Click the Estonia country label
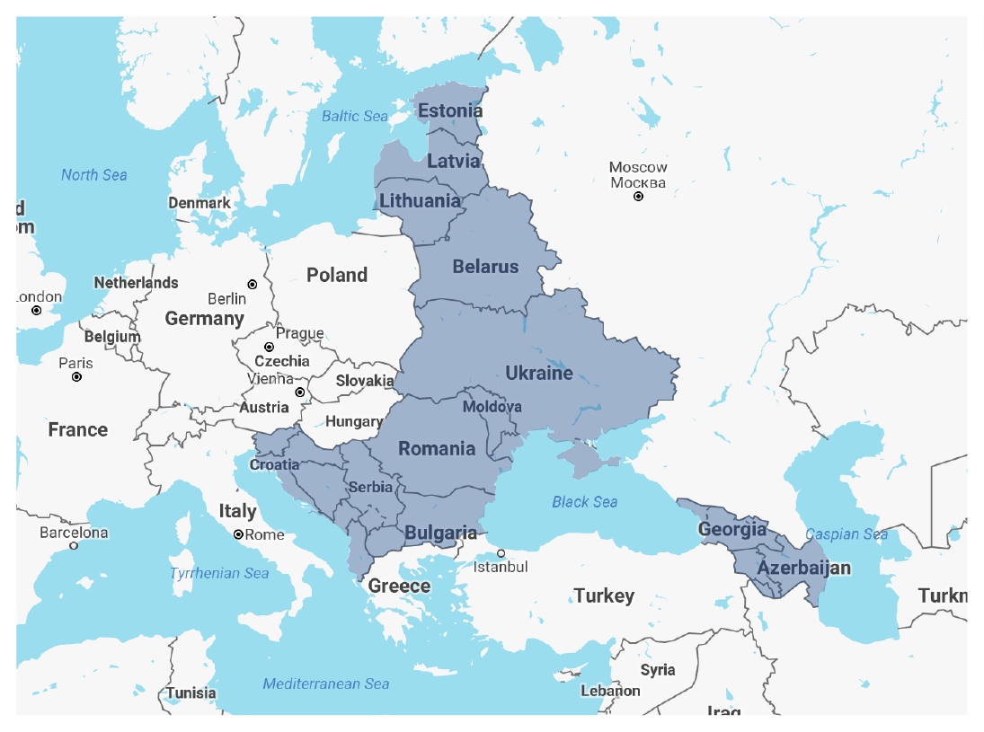(450, 111)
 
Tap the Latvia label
(453, 162)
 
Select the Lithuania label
(420, 200)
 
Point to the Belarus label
(485, 267)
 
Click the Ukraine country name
(538, 373)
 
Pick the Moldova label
(492, 407)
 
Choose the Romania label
(437, 448)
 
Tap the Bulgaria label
(440, 533)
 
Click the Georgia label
(732, 529)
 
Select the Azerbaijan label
(803, 568)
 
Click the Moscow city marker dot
(639, 196)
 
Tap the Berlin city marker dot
(253, 284)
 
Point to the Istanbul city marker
(501, 553)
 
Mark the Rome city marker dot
(238, 534)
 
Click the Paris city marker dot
(76, 377)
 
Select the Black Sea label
(584, 501)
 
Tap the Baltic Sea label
(355, 116)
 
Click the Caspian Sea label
(846, 534)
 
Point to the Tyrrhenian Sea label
(219, 573)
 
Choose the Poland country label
(337, 275)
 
